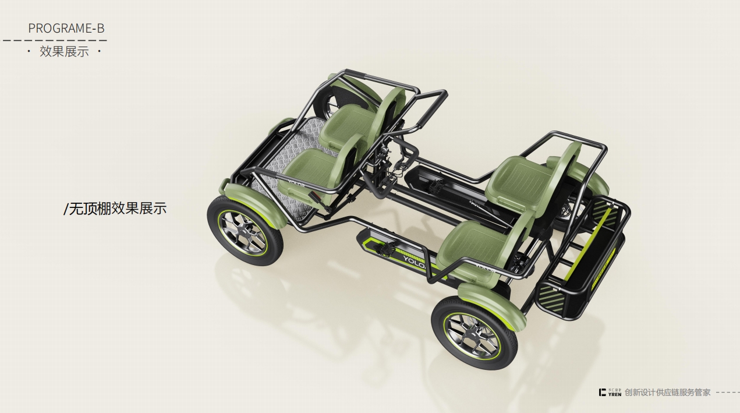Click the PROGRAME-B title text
pyautogui.click(x=66, y=28)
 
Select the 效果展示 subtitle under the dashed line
pyautogui.click(x=64, y=51)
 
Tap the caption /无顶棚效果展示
pyautogui.click(x=115, y=209)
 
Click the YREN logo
pyautogui.click(x=610, y=393)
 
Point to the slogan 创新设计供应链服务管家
pyautogui.click(x=667, y=393)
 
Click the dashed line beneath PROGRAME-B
pyautogui.click(x=55, y=41)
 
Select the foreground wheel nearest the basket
pyautogui.click(x=474, y=333)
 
